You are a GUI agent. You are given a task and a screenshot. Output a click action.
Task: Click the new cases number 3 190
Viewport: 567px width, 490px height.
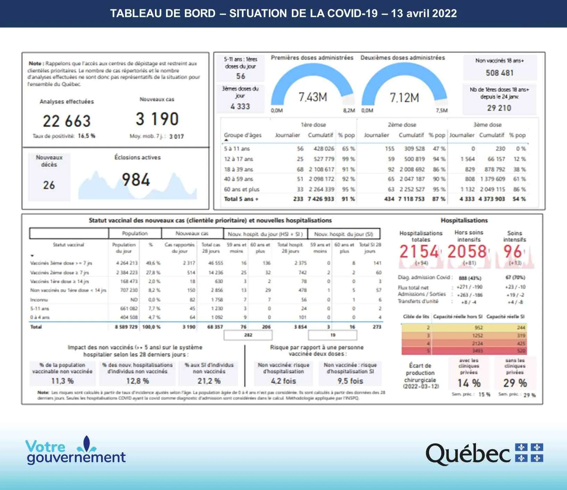tap(157, 119)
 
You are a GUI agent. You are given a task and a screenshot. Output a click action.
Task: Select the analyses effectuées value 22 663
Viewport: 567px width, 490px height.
tap(67, 121)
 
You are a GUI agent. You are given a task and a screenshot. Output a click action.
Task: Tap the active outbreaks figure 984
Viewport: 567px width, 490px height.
tap(136, 180)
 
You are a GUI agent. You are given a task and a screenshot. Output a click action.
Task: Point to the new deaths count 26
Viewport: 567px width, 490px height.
tap(49, 185)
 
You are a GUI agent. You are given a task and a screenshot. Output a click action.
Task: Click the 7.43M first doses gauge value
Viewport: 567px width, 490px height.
tap(313, 97)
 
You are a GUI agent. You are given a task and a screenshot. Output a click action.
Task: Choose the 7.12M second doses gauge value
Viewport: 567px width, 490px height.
tap(404, 98)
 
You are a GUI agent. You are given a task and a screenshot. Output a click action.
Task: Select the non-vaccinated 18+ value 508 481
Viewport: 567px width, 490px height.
tap(499, 73)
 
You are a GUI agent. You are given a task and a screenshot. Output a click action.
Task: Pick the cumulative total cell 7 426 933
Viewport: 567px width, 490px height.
tap(321, 199)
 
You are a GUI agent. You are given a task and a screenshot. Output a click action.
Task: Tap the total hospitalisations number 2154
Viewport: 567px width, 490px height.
tap(419, 252)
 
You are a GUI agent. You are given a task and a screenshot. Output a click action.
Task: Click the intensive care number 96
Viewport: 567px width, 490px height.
tap(512, 252)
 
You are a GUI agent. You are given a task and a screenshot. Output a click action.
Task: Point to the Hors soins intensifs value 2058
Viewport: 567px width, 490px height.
tap(467, 252)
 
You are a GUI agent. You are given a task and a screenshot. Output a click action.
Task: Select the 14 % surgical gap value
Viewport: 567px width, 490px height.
tap(469, 383)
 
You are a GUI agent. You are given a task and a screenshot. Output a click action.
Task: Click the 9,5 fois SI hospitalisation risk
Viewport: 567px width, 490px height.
tap(350, 381)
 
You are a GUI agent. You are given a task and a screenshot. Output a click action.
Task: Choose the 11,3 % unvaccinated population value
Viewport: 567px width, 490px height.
tap(62, 381)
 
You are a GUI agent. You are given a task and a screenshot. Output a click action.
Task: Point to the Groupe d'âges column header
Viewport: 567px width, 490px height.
tap(243, 135)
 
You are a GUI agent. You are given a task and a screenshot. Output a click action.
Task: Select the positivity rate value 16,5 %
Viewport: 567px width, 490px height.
tap(87, 136)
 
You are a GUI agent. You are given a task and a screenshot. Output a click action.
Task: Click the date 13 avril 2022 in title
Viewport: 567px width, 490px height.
tap(424, 14)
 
